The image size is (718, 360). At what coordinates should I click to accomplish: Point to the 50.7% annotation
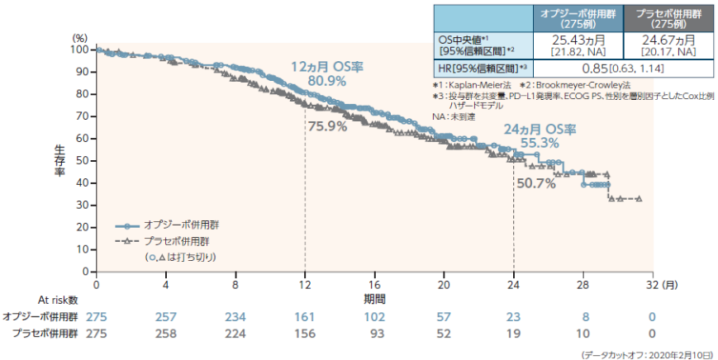point(535,183)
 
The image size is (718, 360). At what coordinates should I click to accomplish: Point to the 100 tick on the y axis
point(80,50)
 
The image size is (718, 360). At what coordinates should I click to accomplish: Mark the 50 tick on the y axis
point(83,160)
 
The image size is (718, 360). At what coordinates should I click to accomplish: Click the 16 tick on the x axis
point(375,285)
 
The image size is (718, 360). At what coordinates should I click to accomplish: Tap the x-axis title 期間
point(374,296)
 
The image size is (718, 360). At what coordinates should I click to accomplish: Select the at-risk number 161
point(305,316)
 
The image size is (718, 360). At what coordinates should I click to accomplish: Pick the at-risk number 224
point(235,333)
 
